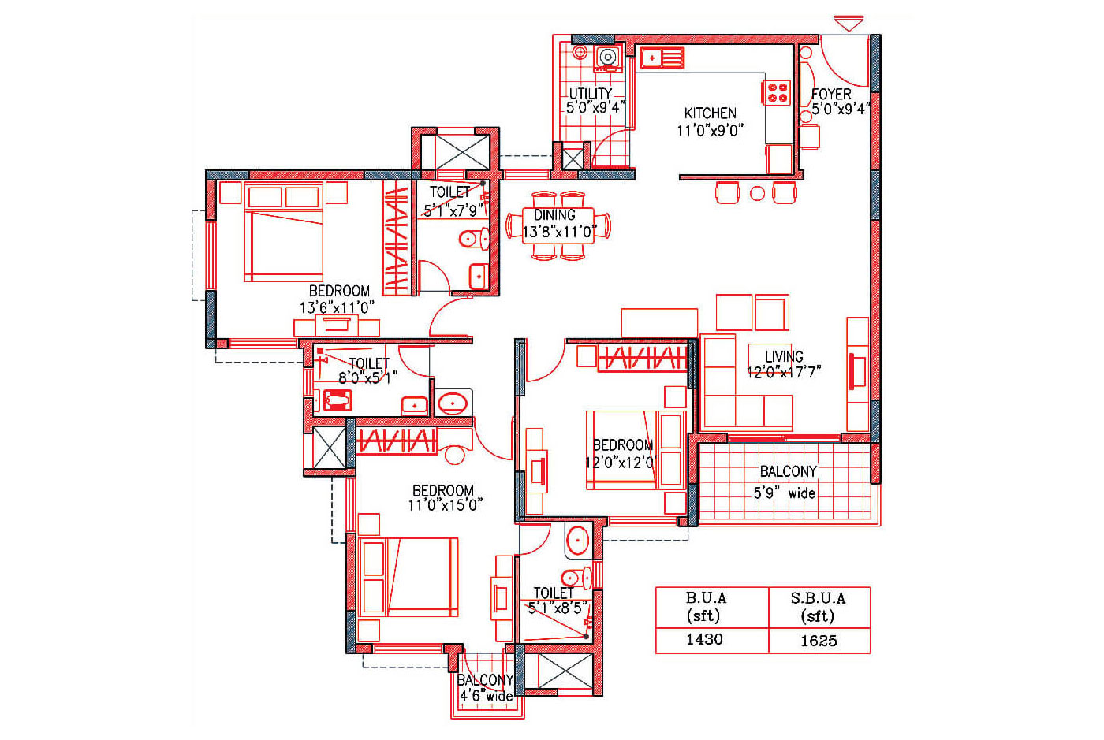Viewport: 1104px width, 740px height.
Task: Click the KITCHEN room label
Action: coord(710,113)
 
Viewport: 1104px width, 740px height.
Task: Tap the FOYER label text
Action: coord(831,94)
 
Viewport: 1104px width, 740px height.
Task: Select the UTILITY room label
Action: coord(591,93)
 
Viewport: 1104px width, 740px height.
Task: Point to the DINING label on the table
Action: coord(554,215)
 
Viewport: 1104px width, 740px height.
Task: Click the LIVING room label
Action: coord(784,356)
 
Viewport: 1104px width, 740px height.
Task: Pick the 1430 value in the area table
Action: coord(704,639)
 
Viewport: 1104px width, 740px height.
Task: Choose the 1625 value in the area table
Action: coord(819,641)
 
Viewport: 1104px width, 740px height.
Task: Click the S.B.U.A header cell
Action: coord(819,607)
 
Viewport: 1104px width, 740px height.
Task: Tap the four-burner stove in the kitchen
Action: coord(778,93)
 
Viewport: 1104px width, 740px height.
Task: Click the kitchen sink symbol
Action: coord(662,58)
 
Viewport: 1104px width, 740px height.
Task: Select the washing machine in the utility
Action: coord(608,58)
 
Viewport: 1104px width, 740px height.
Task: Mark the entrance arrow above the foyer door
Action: coord(849,23)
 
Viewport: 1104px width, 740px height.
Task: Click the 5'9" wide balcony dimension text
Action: coord(784,493)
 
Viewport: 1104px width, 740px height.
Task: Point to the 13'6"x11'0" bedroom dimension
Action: coord(338,307)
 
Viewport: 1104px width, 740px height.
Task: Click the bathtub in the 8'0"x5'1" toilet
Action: coord(338,400)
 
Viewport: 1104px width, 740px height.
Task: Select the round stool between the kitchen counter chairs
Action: coord(757,193)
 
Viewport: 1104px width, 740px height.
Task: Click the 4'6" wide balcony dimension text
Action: coord(487,696)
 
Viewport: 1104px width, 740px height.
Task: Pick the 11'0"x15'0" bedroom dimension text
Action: coord(445,505)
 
